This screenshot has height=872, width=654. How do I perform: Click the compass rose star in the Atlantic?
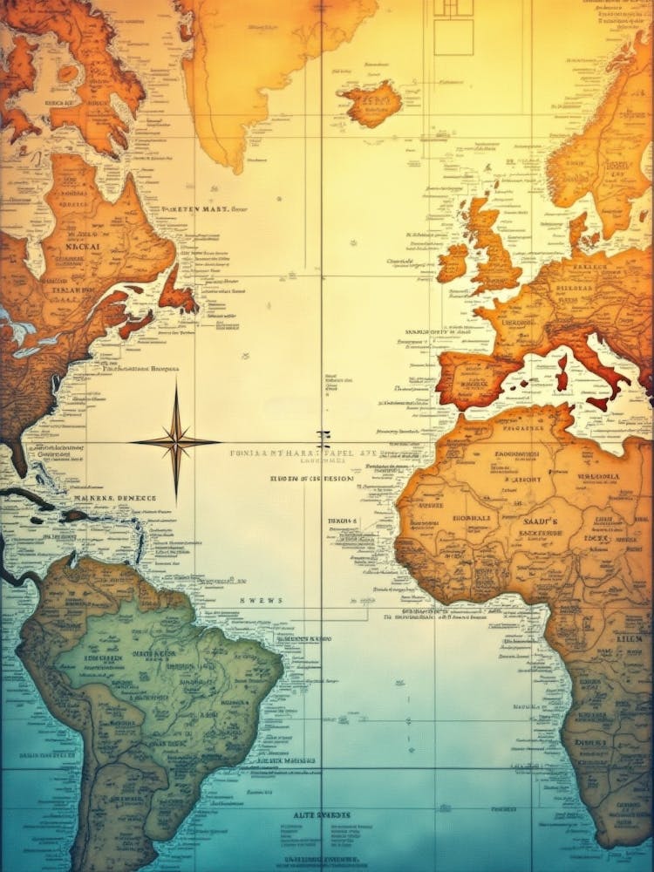[x=175, y=442]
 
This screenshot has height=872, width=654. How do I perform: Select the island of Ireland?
[x=453, y=261]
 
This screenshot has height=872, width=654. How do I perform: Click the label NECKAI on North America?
[x=82, y=247]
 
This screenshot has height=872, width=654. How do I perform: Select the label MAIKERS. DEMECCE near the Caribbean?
[x=117, y=498]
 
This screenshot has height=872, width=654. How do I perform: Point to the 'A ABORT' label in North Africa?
[x=521, y=479]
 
